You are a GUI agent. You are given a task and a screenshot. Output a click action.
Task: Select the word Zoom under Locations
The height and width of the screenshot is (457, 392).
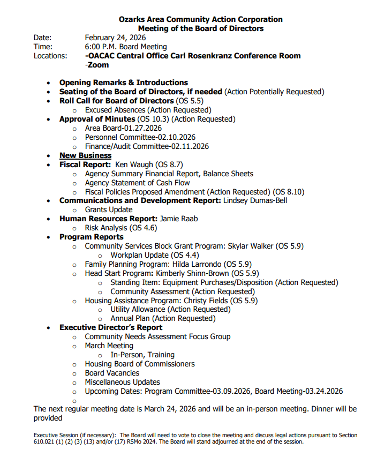pos(98,65)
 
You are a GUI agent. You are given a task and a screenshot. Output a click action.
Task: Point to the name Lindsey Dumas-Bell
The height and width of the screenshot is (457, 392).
pos(257,200)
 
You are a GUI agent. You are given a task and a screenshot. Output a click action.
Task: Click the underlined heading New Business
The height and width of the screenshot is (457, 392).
pos(85,155)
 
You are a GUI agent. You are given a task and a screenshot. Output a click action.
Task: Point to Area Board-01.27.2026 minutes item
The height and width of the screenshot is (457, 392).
pos(123,128)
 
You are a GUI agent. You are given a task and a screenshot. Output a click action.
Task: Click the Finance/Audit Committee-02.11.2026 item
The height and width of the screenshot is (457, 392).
pos(147,146)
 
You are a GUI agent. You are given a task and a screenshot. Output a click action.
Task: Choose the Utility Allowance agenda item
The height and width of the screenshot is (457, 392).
pos(163,309)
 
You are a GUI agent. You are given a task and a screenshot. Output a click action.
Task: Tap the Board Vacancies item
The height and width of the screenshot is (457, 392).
pos(112,373)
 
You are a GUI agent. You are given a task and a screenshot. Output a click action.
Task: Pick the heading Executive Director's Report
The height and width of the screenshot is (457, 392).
pos(111,327)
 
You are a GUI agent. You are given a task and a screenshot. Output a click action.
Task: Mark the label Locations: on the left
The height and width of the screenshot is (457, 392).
pos(50,56)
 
